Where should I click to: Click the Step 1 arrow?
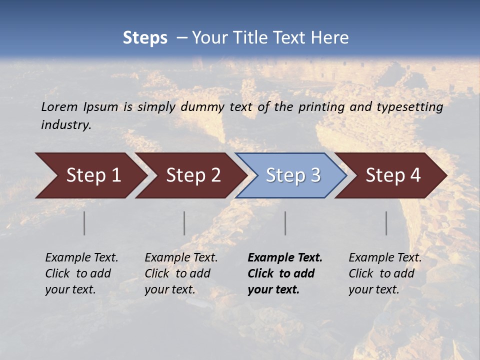point(90,175)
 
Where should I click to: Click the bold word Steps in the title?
point(145,38)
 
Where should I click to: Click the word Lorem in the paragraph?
point(59,106)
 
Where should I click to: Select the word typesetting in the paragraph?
point(409,106)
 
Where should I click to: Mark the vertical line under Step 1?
point(84,223)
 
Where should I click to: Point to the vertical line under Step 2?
point(184,223)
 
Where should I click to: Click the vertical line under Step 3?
point(285,223)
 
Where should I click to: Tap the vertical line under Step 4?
point(386,223)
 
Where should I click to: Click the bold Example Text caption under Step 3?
point(285,273)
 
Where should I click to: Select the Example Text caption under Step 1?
point(81,273)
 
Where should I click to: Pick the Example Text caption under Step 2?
point(181,273)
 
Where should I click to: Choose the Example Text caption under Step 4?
point(385,273)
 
